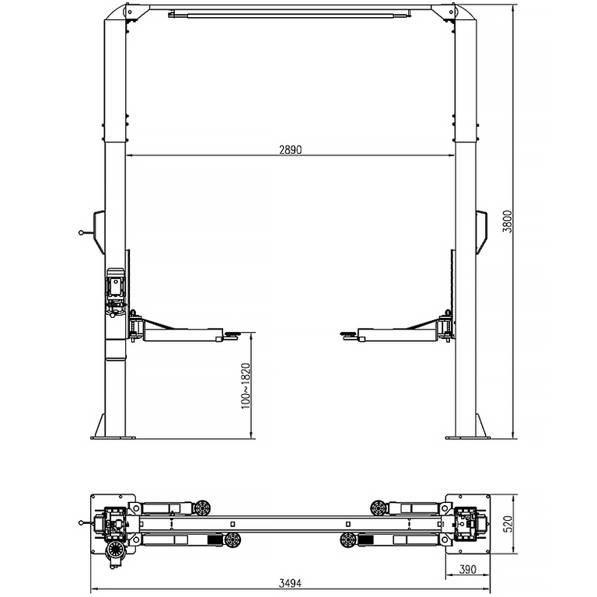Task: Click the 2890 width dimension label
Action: coord(290,150)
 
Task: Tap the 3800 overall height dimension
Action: coord(508,222)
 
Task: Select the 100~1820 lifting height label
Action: coord(246,386)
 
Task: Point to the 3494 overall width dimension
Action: coord(290,583)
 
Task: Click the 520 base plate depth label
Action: coord(508,524)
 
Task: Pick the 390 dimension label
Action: coord(467,570)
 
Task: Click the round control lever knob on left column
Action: coord(81,232)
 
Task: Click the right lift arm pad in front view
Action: coord(349,335)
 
